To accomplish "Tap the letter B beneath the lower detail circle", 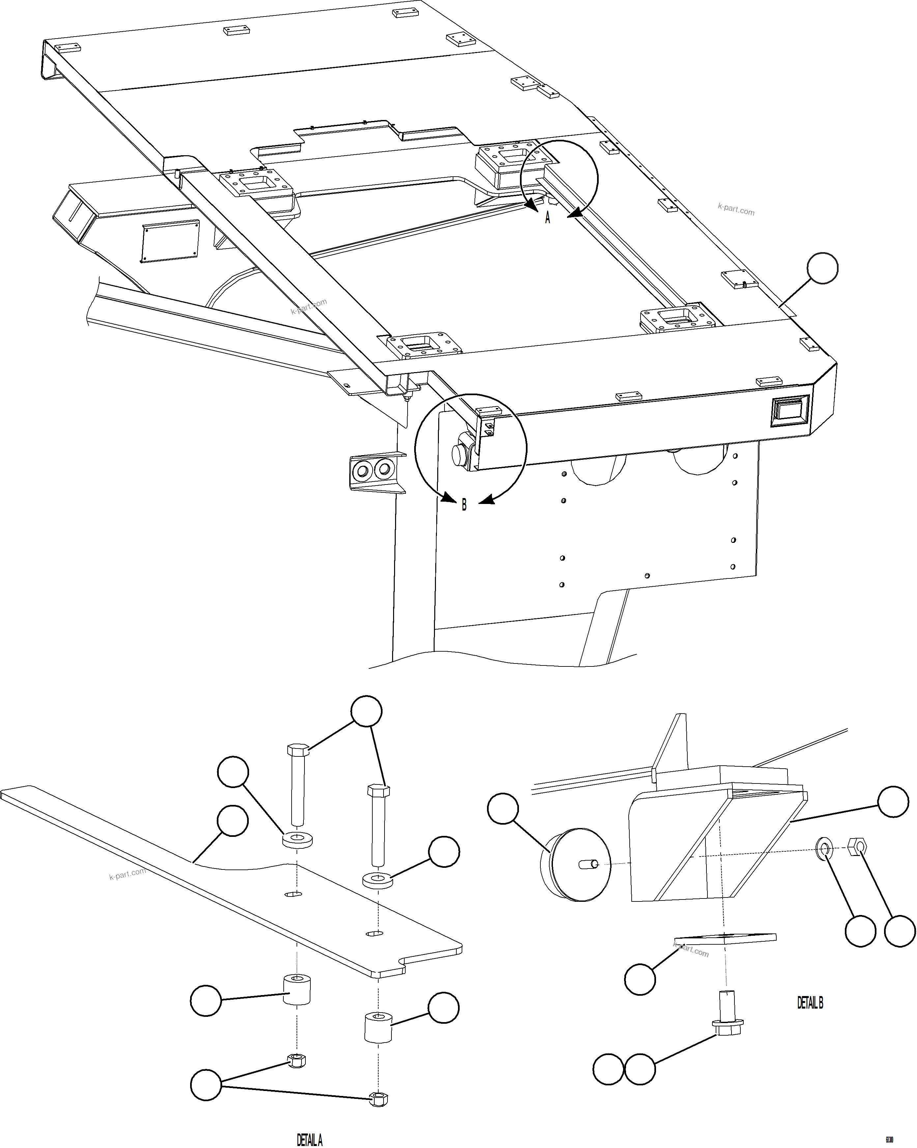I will click(x=464, y=505).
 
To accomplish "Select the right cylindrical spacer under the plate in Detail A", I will click(x=378, y=1028).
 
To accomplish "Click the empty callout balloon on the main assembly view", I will click(x=822, y=268).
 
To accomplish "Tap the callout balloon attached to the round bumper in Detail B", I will click(x=502, y=808).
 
